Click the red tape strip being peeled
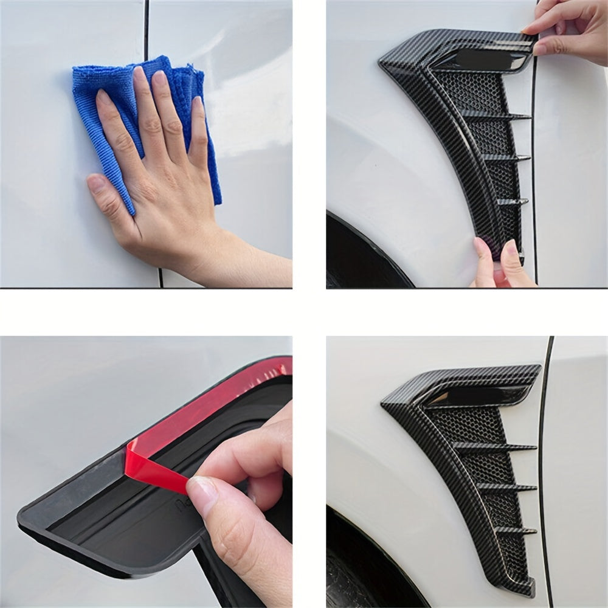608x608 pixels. (x=155, y=465)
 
